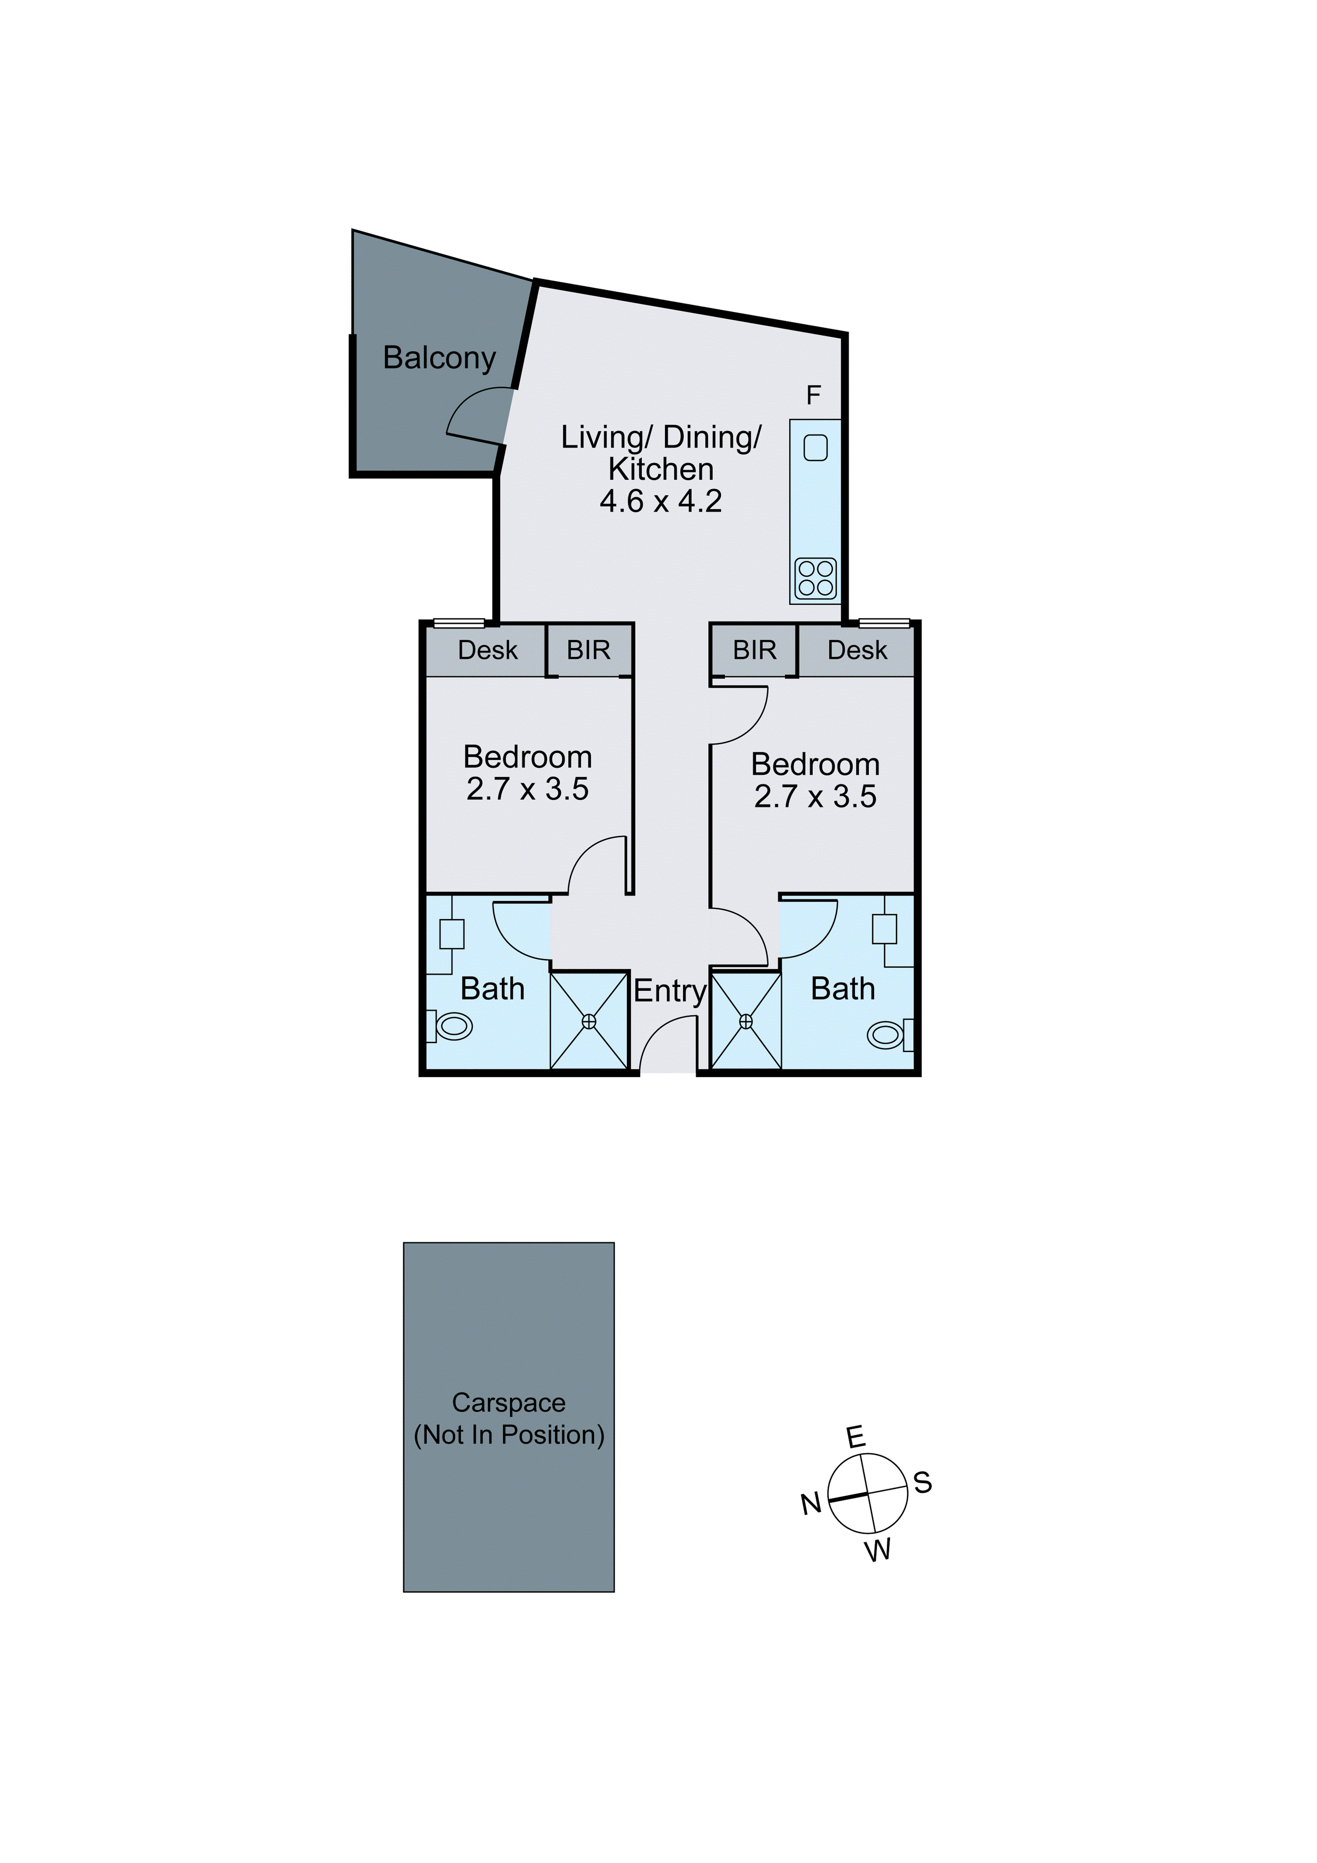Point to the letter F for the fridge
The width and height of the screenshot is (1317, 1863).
pyautogui.click(x=813, y=395)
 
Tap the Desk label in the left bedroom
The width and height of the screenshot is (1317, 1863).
pyautogui.click(x=487, y=650)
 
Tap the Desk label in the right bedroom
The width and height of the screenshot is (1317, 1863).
pyautogui.click(x=857, y=650)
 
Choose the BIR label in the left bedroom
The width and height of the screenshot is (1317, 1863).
pyautogui.click(x=588, y=650)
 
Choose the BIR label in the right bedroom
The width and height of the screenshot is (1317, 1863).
pyautogui.click(x=754, y=650)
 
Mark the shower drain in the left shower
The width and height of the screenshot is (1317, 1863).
pyautogui.click(x=589, y=1022)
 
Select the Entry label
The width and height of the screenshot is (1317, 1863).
pyautogui.click(x=670, y=991)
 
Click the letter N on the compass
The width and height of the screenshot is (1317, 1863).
pyautogui.click(x=811, y=1504)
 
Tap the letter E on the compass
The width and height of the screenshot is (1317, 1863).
pyautogui.click(x=856, y=1438)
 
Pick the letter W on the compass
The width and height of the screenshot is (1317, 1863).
pyautogui.click(x=878, y=1551)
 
